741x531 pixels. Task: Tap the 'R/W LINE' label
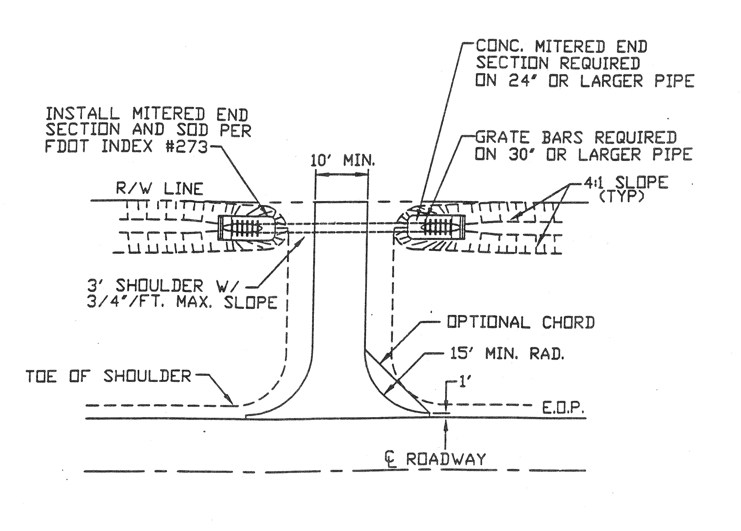159,189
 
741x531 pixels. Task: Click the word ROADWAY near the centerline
446,459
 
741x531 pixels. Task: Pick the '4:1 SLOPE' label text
626,182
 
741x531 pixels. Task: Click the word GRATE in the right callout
502,137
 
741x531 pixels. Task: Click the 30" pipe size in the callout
521,154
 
